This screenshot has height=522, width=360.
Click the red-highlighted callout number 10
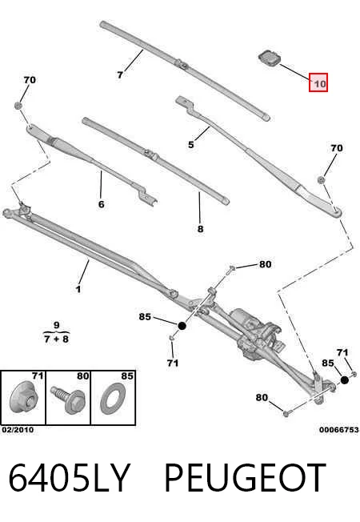tap(318, 82)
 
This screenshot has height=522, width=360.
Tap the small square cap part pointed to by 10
tap(270, 58)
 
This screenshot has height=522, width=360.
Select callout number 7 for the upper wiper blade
tap(120, 75)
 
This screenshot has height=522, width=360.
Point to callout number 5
tap(191, 144)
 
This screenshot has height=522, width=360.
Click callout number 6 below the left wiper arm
tap(102, 203)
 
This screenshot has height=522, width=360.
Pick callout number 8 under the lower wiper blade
tap(200, 229)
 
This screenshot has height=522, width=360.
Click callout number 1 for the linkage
tap(78, 289)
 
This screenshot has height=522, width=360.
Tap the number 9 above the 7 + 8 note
tap(56, 325)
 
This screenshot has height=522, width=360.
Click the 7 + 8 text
tap(56, 339)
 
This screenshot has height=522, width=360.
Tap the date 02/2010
tap(18, 430)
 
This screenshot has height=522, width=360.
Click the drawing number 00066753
tap(339, 430)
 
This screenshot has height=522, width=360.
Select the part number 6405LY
tap(69, 478)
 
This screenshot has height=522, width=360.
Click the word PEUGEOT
tap(245, 478)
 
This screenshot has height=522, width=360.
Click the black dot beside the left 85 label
tap(182, 326)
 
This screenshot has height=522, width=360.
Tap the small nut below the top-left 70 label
tap(18, 106)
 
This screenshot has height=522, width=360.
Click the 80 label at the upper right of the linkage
tap(265, 264)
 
